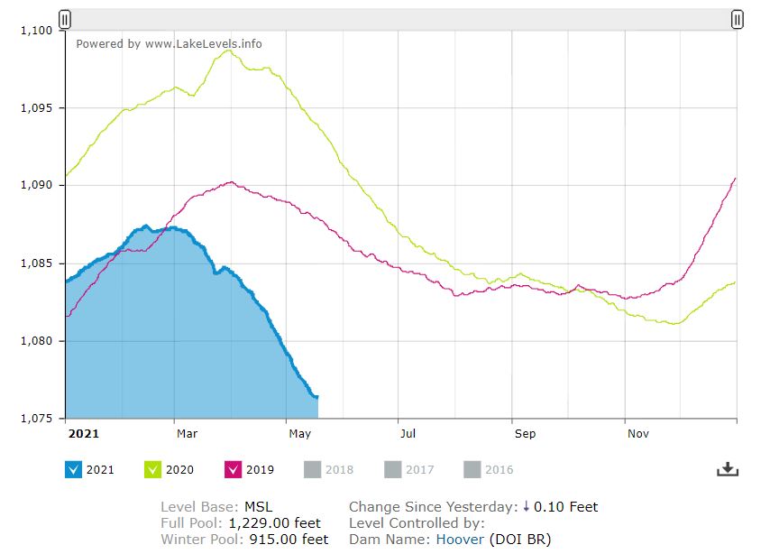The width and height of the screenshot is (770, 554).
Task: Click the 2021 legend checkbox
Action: coord(74,469)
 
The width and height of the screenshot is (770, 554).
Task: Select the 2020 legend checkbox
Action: coord(153,469)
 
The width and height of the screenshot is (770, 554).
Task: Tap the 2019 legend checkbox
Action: coord(233,469)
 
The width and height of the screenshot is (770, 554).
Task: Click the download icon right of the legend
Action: coord(728,469)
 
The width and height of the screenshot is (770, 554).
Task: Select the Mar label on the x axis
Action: coord(187,434)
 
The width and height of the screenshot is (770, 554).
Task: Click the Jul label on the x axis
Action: coord(408,434)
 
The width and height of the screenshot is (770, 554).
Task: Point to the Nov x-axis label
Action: coord(637,434)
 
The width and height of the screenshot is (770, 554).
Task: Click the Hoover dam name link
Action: coord(460,540)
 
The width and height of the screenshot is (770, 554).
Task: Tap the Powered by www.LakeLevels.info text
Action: coord(169,43)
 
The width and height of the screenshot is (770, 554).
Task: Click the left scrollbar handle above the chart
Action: coord(65,19)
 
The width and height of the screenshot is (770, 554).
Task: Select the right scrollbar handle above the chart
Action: coord(737,19)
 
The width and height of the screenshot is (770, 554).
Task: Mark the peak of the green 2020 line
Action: coord(227,51)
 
